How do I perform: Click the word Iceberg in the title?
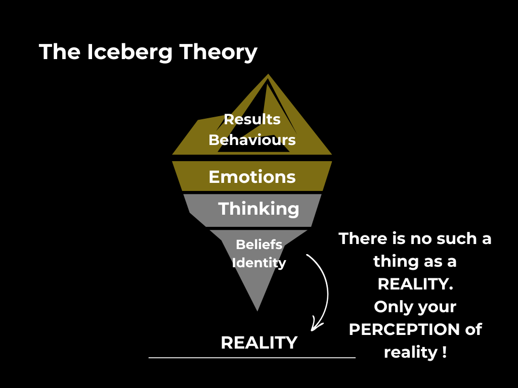pyautogui.click(x=129, y=53)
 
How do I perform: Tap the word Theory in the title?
pyautogui.click(x=218, y=53)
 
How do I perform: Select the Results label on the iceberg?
pyautogui.click(x=252, y=119)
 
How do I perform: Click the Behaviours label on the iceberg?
pyautogui.click(x=252, y=140)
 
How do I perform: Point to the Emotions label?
pyautogui.click(x=252, y=177)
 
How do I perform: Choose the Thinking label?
pyautogui.click(x=258, y=209)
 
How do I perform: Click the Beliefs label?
pyautogui.click(x=259, y=245)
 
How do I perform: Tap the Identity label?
pyautogui.click(x=259, y=263)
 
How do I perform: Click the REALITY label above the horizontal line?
pyautogui.click(x=259, y=343)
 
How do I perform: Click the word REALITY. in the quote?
pyautogui.click(x=415, y=284)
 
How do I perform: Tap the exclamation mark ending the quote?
pyautogui.click(x=444, y=352)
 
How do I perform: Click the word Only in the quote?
pyautogui.click(x=391, y=307)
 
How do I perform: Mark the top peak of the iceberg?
pyautogui.click(x=268, y=74)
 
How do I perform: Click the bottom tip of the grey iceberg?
pyautogui.click(x=257, y=311)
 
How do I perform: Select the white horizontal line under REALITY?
pyautogui.click(x=252, y=357)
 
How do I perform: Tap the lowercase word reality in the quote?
pyautogui.click(x=411, y=352)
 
